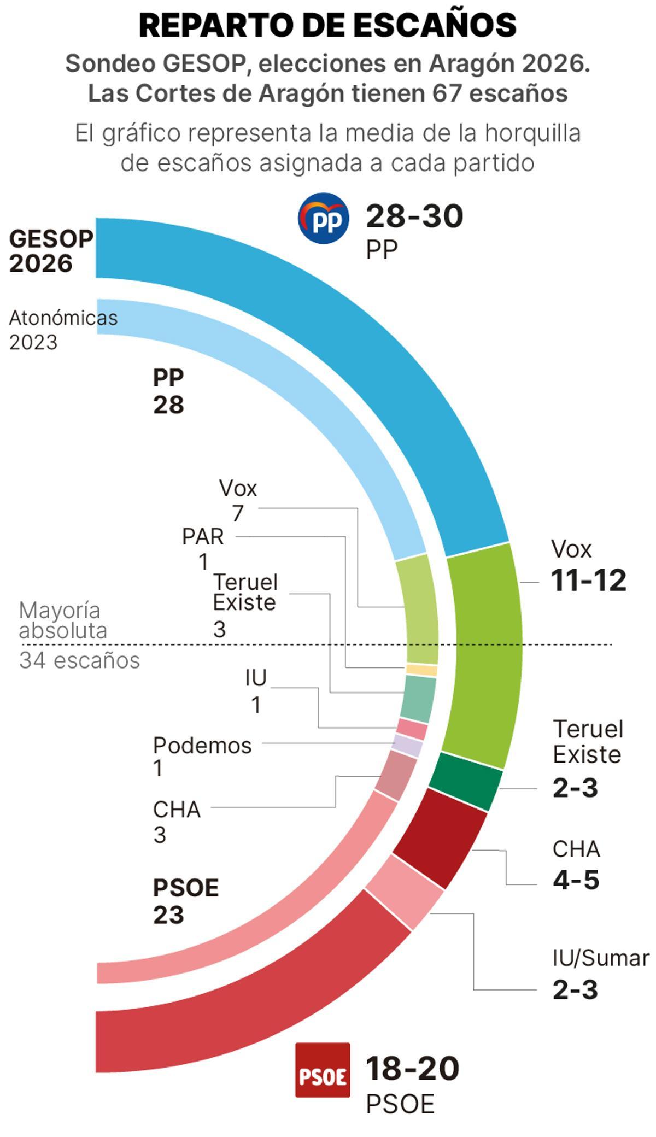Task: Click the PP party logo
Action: tap(324, 218)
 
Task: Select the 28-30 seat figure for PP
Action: tap(414, 216)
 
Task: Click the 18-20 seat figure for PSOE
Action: tap(412, 1068)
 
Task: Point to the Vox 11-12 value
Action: tap(588, 581)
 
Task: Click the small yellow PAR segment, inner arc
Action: tap(422, 670)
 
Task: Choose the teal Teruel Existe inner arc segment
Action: tap(418, 698)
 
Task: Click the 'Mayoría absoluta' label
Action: tap(63, 620)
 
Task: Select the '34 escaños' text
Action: tap(79, 660)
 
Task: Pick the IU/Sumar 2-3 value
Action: tap(575, 990)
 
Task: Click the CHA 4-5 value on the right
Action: tap(576, 881)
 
